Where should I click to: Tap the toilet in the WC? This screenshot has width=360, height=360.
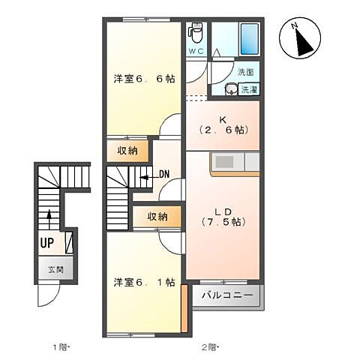[196, 33]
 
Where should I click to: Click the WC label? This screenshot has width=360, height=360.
[196, 51]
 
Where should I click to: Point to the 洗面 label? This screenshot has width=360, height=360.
[246, 72]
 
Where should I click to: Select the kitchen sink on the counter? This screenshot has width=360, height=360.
[224, 162]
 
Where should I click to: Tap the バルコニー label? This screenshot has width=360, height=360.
[227, 296]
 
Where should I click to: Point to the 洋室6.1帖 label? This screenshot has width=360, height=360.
[144, 283]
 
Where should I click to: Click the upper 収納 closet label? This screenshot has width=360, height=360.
[127, 151]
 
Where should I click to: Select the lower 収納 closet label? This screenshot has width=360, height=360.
[157, 217]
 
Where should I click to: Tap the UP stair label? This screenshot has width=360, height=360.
[47, 243]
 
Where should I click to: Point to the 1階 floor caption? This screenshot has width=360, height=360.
[61, 346]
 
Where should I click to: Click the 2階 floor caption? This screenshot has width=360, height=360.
[209, 346]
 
